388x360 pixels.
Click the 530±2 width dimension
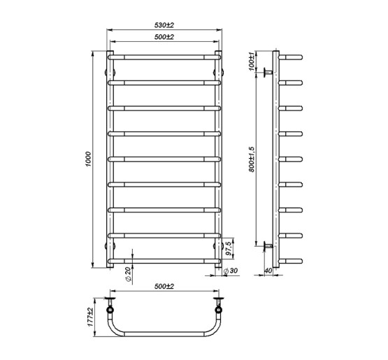164,26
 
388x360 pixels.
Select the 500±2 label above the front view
164,37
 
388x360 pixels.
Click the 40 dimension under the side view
268,271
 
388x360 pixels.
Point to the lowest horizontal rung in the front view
164,261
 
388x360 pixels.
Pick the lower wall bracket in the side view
267,246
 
